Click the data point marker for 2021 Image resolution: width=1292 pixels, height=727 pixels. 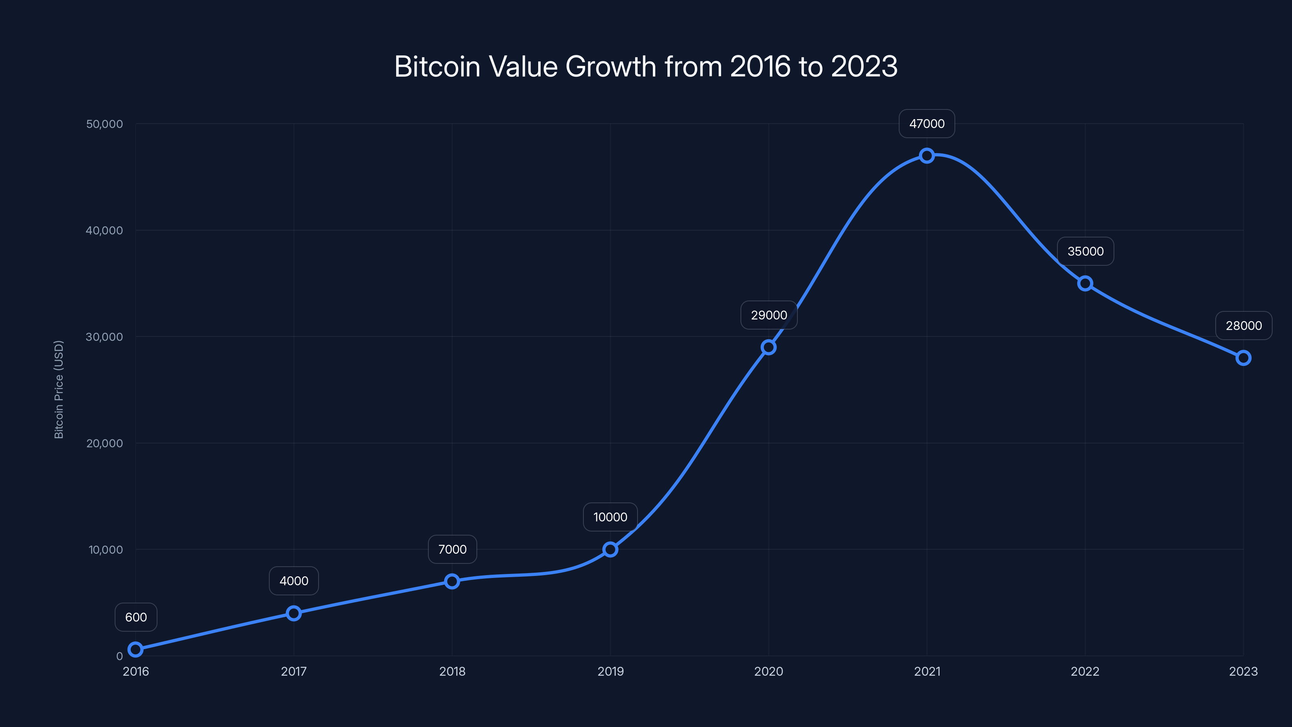click(x=927, y=155)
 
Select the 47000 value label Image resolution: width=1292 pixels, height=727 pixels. click(x=927, y=124)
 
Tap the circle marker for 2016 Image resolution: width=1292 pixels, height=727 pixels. click(x=135, y=649)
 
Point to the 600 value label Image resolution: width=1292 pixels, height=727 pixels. click(x=136, y=617)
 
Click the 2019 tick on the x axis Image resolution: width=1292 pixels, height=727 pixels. click(x=610, y=671)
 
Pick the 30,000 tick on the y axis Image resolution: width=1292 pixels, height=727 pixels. click(x=104, y=337)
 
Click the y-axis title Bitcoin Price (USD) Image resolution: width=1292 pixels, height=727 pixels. click(x=59, y=390)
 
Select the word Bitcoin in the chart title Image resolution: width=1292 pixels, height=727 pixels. click(x=437, y=66)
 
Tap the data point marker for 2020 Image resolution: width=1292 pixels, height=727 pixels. click(x=768, y=347)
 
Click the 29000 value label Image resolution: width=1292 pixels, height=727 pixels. click(x=769, y=315)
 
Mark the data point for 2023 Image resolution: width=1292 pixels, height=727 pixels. click(x=1244, y=358)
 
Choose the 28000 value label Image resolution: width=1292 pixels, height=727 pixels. click(x=1244, y=326)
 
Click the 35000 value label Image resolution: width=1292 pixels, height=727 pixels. click(x=1085, y=251)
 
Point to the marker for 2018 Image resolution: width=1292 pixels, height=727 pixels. click(x=452, y=581)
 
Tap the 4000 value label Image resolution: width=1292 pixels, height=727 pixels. click(x=294, y=581)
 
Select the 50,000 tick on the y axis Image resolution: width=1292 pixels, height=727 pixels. click(x=104, y=124)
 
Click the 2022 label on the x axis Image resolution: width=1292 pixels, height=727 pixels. click(x=1085, y=671)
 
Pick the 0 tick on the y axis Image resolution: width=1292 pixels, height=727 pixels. click(x=120, y=656)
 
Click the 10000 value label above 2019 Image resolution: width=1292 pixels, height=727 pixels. click(x=610, y=517)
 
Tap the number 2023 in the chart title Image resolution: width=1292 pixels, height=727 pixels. click(x=864, y=66)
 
